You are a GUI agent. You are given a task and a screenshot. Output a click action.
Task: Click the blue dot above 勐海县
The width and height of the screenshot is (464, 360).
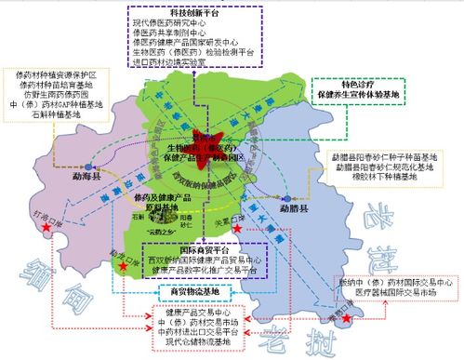70,159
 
